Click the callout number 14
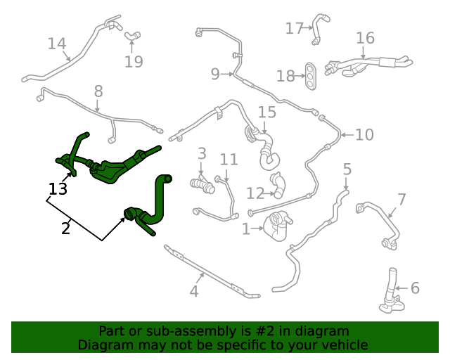click(x=57, y=44)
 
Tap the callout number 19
click(x=134, y=62)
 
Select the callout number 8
click(x=98, y=91)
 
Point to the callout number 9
click(x=215, y=73)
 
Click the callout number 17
click(x=294, y=28)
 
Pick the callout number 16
click(x=365, y=38)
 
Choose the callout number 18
click(x=285, y=76)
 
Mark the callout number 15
click(x=267, y=112)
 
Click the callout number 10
click(x=364, y=134)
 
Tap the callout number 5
click(x=347, y=169)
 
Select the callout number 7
click(x=401, y=200)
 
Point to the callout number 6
click(x=415, y=288)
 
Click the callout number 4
click(x=194, y=292)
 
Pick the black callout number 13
click(x=58, y=188)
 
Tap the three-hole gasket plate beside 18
click(x=310, y=76)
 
